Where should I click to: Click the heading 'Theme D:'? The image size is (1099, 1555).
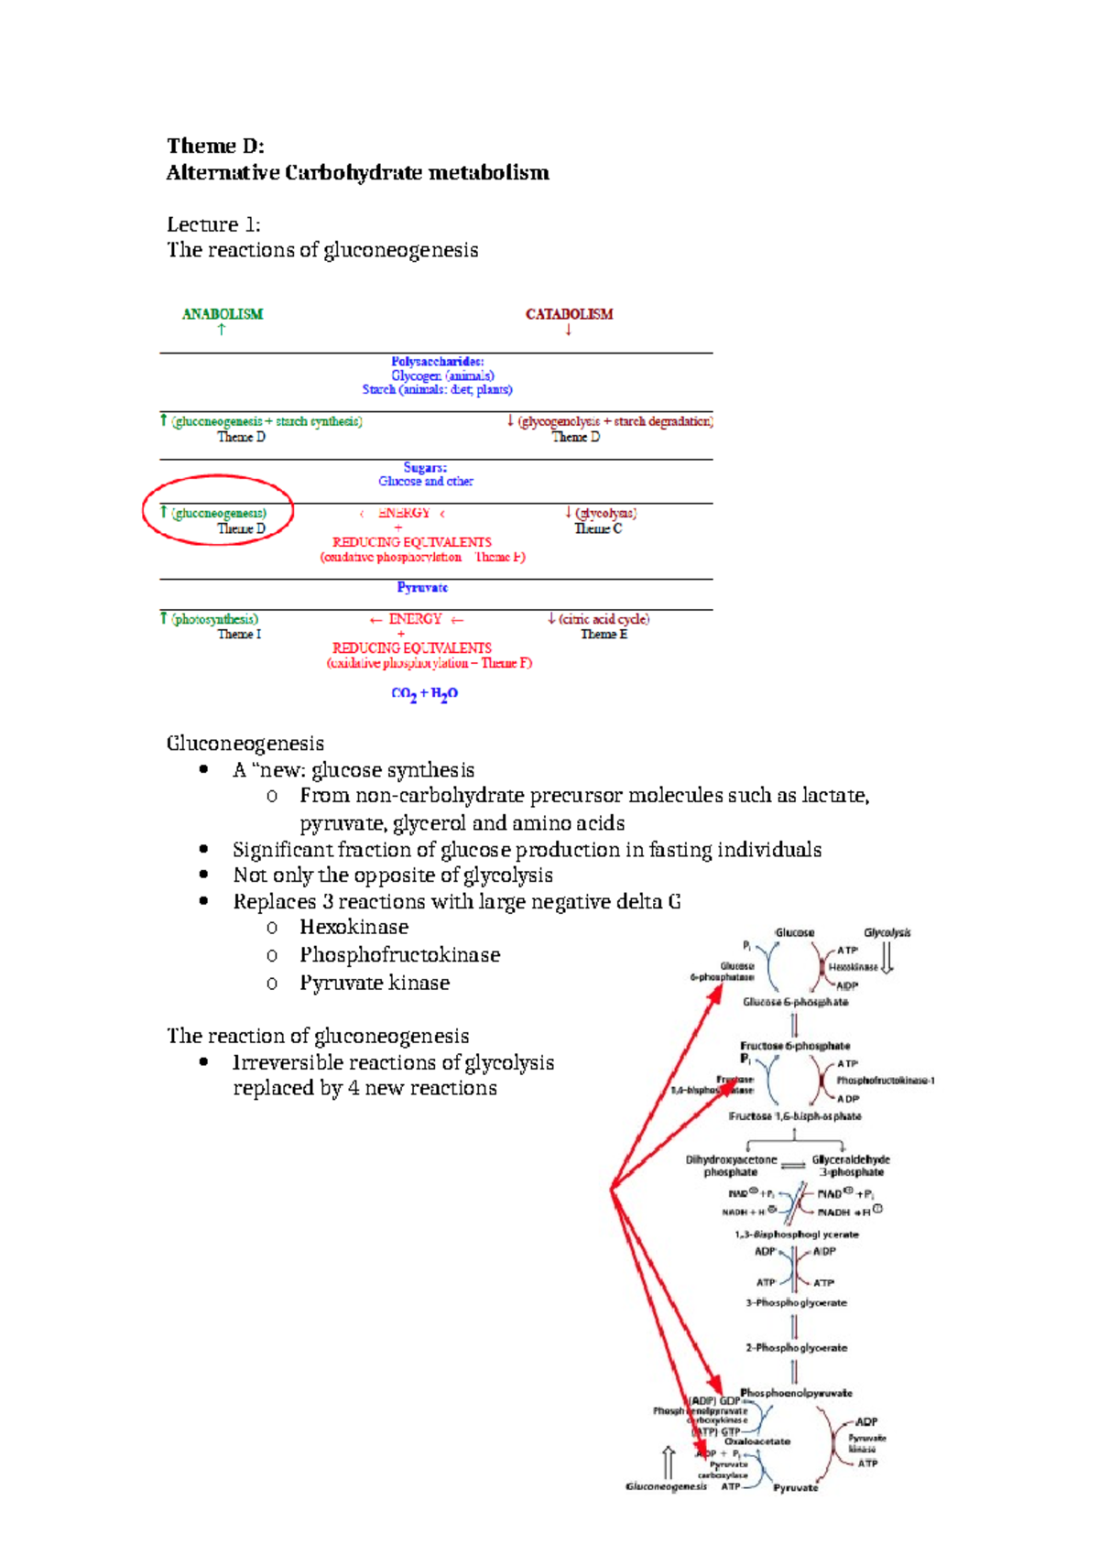[215, 147]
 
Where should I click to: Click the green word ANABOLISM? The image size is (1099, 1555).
[223, 314]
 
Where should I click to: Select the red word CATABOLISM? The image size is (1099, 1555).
[569, 314]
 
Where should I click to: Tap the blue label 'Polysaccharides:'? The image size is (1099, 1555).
[438, 362]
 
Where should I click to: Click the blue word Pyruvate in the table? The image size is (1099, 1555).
[422, 588]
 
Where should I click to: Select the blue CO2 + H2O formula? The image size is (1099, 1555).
[424, 694]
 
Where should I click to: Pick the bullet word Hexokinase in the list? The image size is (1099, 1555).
[354, 928]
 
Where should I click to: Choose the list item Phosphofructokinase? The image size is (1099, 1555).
[399, 955]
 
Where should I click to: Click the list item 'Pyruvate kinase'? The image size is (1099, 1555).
[375, 984]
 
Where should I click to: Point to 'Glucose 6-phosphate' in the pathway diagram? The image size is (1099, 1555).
[795, 1002]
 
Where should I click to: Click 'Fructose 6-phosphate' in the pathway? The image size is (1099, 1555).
[795, 1046]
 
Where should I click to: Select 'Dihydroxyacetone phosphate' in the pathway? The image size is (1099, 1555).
[731, 1166]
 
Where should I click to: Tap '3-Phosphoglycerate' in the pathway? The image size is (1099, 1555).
[796, 1302]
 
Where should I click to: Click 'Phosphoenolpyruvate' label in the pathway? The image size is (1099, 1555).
[796, 1393]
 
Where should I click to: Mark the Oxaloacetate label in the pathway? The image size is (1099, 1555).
[757, 1441]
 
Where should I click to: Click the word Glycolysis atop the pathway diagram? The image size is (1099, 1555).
[887, 933]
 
